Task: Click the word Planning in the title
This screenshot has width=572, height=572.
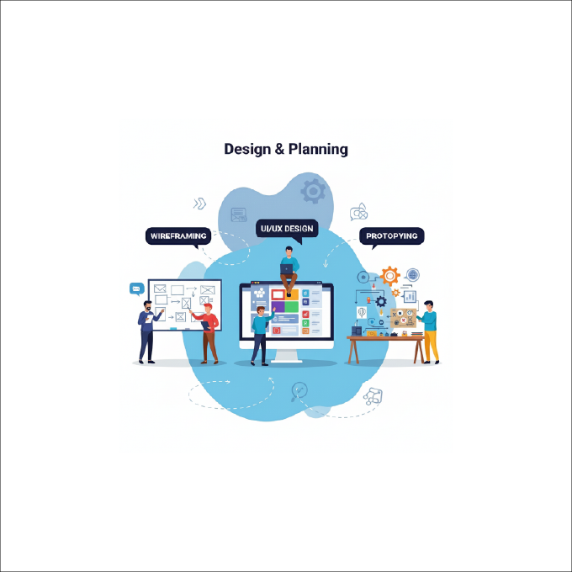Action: tap(318, 150)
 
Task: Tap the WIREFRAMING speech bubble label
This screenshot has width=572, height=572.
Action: tap(178, 236)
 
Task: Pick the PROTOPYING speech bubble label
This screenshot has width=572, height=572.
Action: tap(392, 236)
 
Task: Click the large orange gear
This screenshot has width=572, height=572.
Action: tap(390, 276)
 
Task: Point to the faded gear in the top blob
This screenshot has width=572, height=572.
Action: tap(313, 191)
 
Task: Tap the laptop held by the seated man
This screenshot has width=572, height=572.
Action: tap(286, 269)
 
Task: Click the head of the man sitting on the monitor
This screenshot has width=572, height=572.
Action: tap(289, 251)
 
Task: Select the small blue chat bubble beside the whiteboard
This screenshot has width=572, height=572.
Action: tap(137, 289)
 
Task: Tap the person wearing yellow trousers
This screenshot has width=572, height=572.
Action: tap(429, 331)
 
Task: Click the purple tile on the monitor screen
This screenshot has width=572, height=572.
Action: tap(278, 306)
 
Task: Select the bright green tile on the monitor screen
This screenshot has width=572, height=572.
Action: tap(292, 306)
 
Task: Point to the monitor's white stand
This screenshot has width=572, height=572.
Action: tap(286, 356)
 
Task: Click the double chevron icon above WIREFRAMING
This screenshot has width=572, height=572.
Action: tap(200, 204)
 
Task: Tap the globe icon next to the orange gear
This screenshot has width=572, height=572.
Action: tap(412, 274)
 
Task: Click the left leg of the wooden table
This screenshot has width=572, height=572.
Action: tap(353, 352)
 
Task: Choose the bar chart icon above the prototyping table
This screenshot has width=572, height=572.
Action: tap(410, 297)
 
